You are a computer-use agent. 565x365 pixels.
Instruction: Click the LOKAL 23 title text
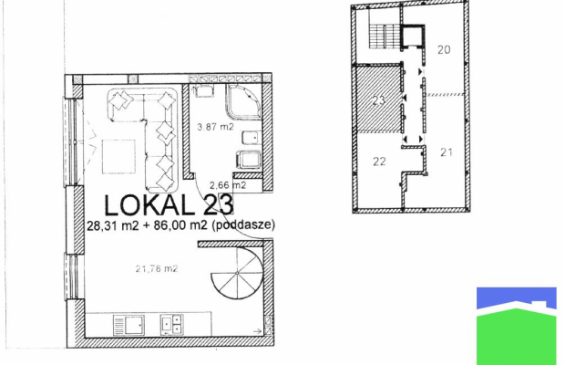point(169,205)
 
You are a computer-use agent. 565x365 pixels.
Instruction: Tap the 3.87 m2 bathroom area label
point(215,127)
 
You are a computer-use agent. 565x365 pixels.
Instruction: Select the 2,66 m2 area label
point(228,185)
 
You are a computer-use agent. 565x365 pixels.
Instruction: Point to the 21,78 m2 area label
point(157,268)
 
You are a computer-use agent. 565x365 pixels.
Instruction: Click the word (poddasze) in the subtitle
point(243,225)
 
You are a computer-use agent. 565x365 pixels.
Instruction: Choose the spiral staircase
point(237,274)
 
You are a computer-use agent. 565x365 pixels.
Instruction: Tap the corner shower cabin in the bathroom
point(243,101)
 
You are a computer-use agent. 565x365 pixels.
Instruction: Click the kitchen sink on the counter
point(128,325)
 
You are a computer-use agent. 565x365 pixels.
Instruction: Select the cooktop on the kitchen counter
point(172,325)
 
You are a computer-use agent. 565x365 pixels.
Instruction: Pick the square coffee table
point(118,157)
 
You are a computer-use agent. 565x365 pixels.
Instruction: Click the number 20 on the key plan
point(444,49)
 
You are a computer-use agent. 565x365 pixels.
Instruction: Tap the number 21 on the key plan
point(447,152)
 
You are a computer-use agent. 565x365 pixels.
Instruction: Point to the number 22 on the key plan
point(379,162)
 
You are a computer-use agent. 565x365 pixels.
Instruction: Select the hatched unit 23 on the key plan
point(378,99)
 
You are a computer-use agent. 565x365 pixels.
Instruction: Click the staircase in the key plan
point(385,36)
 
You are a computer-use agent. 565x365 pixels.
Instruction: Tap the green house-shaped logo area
point(517,336)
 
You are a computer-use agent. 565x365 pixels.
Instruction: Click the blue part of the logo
point(517,297)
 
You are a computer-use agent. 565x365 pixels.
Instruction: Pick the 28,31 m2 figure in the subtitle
point(113,225)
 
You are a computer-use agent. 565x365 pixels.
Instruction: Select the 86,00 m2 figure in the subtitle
point(180,225)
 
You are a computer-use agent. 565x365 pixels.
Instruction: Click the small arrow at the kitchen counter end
point(258,331)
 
